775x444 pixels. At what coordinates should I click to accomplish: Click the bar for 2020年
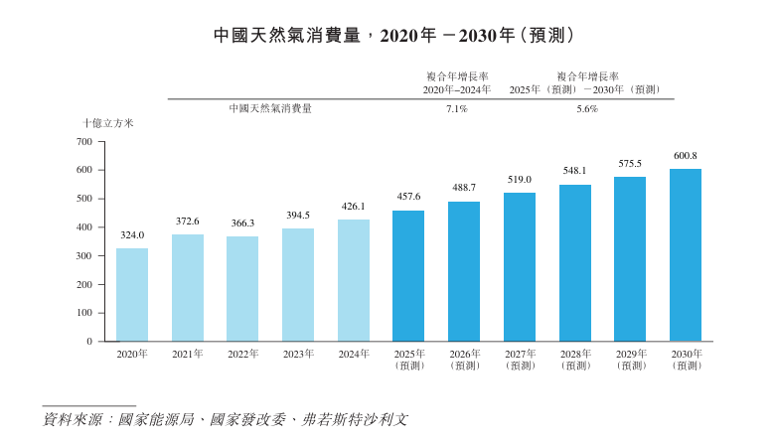coord(132,295)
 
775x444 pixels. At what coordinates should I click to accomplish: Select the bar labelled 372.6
coord(188,288)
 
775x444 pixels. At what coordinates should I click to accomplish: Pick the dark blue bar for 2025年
coord(408,276)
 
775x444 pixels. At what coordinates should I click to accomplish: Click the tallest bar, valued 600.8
coord(686,255)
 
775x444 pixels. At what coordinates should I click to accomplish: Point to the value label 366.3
coord(242,223)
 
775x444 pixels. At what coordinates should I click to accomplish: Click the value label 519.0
coord(520,180)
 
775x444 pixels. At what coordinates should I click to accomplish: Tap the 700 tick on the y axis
coord(83,142)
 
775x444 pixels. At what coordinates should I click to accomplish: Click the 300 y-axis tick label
coord(83,256)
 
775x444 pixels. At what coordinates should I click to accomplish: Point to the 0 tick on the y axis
coord(88,342)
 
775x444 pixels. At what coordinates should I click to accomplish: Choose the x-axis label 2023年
coord(298,354)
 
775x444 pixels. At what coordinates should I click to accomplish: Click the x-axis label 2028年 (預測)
coord(575,360)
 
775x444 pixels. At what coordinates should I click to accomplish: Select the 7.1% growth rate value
coord(457,109)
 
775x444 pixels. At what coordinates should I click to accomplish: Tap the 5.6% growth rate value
coord(587,109)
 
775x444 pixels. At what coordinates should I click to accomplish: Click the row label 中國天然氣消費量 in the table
coord(270,109)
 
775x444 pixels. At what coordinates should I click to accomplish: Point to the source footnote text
coord(225,420)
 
